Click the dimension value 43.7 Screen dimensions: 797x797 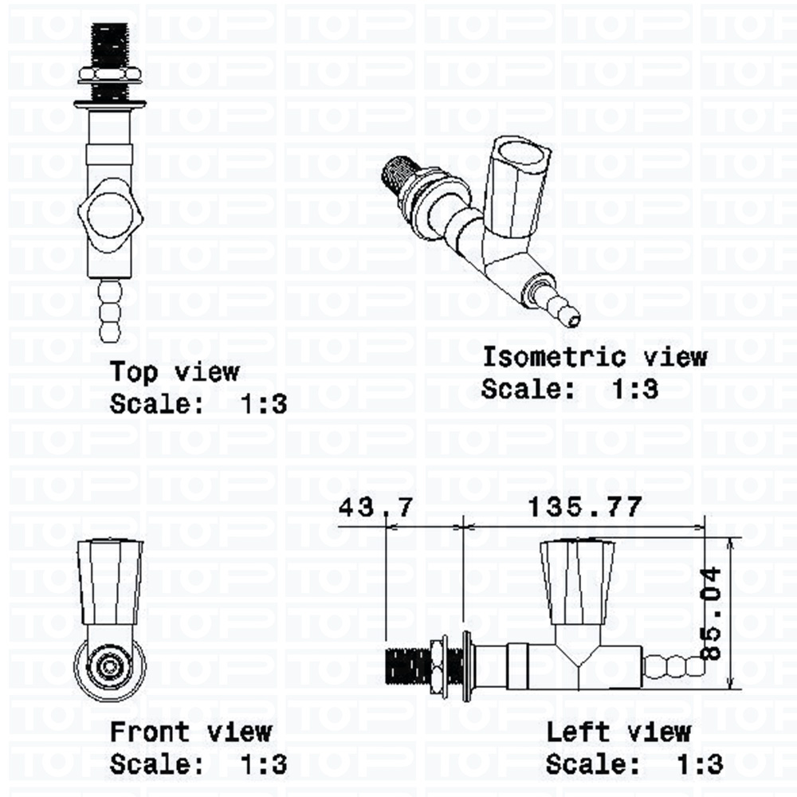375,507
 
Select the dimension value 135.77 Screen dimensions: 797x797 584,507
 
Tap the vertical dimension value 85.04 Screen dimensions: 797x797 711,614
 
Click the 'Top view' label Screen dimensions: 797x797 175,372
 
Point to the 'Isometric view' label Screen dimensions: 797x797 595,357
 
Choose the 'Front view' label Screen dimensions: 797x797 190,732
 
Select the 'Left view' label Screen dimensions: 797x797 618,732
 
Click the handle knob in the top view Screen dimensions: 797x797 110,215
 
